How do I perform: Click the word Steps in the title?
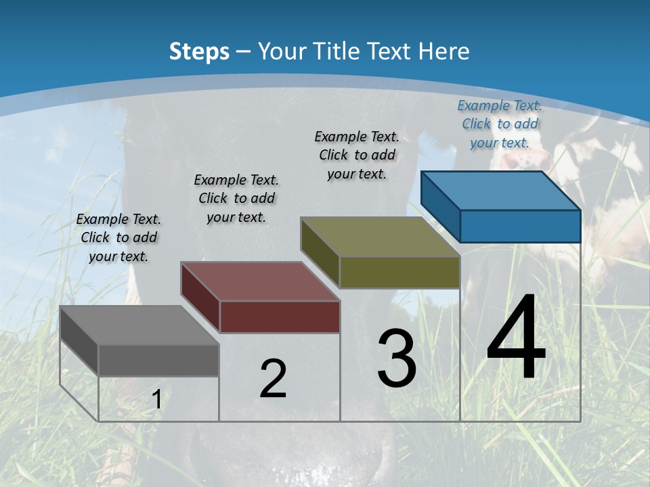199,51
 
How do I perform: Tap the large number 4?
516,338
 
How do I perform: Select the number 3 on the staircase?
397,358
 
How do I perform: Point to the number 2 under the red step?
273,379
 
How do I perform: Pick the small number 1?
157,400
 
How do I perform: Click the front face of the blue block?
520,226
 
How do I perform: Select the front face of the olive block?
399,273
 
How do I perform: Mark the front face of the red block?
280,317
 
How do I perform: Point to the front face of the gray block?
158,361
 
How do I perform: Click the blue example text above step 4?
500,124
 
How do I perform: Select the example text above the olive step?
357,155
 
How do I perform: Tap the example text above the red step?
236,198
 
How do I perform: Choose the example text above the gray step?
118,237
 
